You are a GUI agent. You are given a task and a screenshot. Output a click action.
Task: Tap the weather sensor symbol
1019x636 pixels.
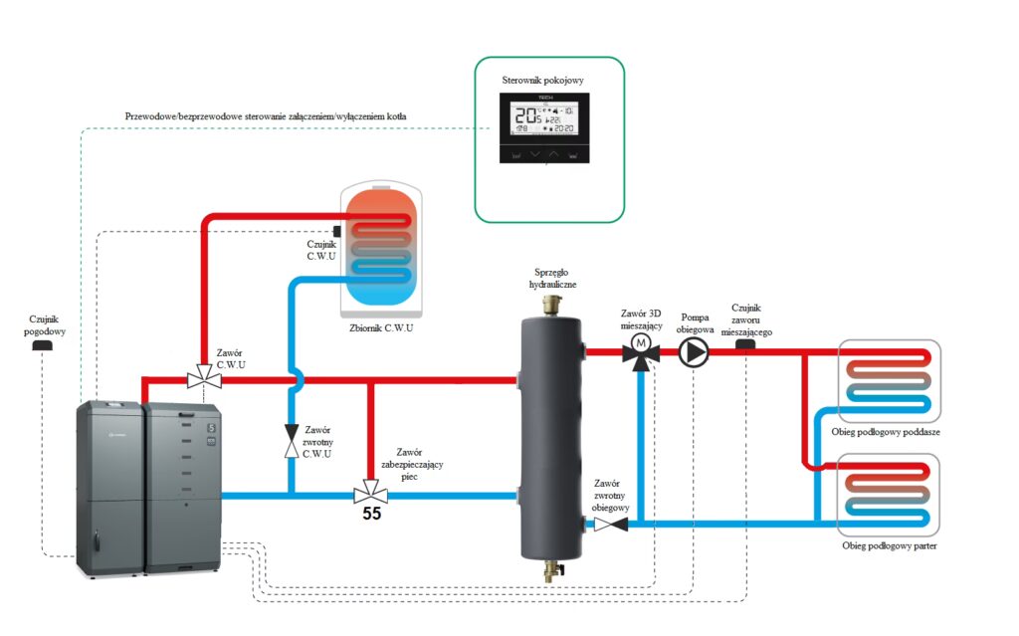tap(42, 345)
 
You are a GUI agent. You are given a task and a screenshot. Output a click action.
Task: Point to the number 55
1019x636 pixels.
tap(371, 515)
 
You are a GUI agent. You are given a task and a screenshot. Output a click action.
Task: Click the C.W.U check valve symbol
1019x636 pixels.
tap(291, 440)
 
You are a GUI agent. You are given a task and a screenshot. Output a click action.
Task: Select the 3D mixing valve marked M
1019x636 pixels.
tap(642, 351)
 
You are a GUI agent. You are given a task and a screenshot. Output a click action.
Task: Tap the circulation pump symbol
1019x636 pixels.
tap(694, 351)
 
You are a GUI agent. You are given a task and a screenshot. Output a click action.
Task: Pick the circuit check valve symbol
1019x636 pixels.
tap(606, 522)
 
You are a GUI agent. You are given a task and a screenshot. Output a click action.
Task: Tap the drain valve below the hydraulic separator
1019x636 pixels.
tap(551, 571)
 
